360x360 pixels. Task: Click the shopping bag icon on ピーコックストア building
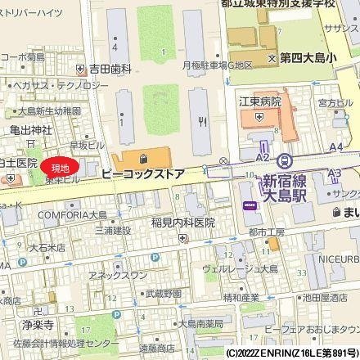(143, 156)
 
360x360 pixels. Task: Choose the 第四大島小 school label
(309, 59)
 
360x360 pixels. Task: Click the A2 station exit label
(263, 156)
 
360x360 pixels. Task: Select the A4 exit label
(335, 147)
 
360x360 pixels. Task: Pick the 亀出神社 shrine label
(31, 128)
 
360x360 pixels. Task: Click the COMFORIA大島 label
(72, 214)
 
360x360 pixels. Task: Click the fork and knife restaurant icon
(202, 117)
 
